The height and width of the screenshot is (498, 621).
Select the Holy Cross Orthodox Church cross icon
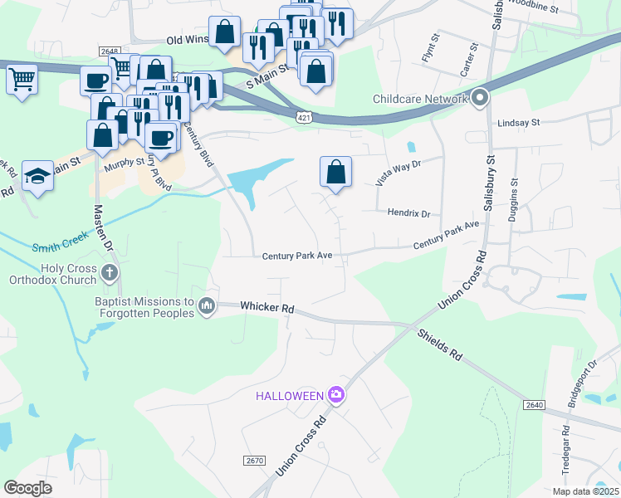tap(109, 272)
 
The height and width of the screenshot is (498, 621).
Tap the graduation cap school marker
tap(37, 175)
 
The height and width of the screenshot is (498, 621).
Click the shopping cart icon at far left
tap(22, 80)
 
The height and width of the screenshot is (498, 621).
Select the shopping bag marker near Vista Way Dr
tap(335, 172)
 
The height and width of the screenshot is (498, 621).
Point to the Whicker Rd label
tap(267, 308)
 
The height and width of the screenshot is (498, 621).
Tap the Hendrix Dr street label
tap(408, 213)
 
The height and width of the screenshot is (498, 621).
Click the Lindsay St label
tap(518, 122)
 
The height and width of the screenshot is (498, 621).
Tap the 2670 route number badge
tap(254, 460)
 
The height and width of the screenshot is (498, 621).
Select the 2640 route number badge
tap(534, 404)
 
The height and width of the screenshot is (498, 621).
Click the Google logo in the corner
tap(28, 487)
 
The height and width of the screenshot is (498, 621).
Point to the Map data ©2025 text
tap(584, 491)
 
